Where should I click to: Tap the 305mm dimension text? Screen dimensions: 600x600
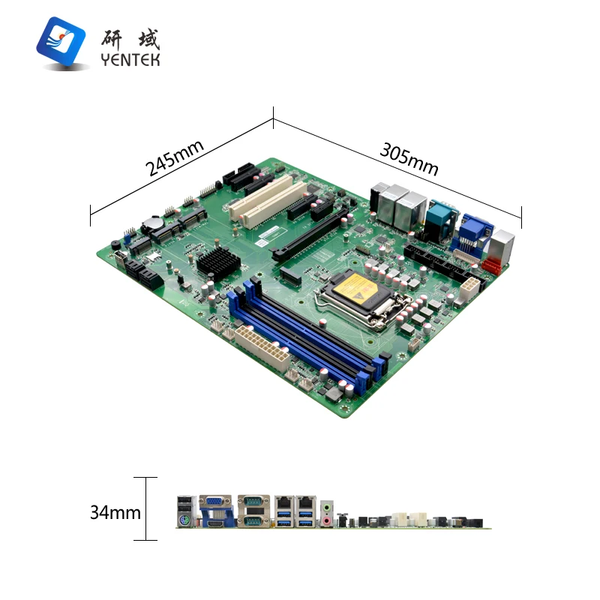tap(409, 158)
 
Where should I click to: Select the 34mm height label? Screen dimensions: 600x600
tap(115, 513)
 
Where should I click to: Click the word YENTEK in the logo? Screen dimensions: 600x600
tap(130, 60)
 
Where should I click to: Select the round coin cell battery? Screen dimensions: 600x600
tap(152, 222)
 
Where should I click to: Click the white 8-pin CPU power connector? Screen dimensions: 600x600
tap(470, 289)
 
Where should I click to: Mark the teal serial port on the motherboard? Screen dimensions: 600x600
tap(437, 218)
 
